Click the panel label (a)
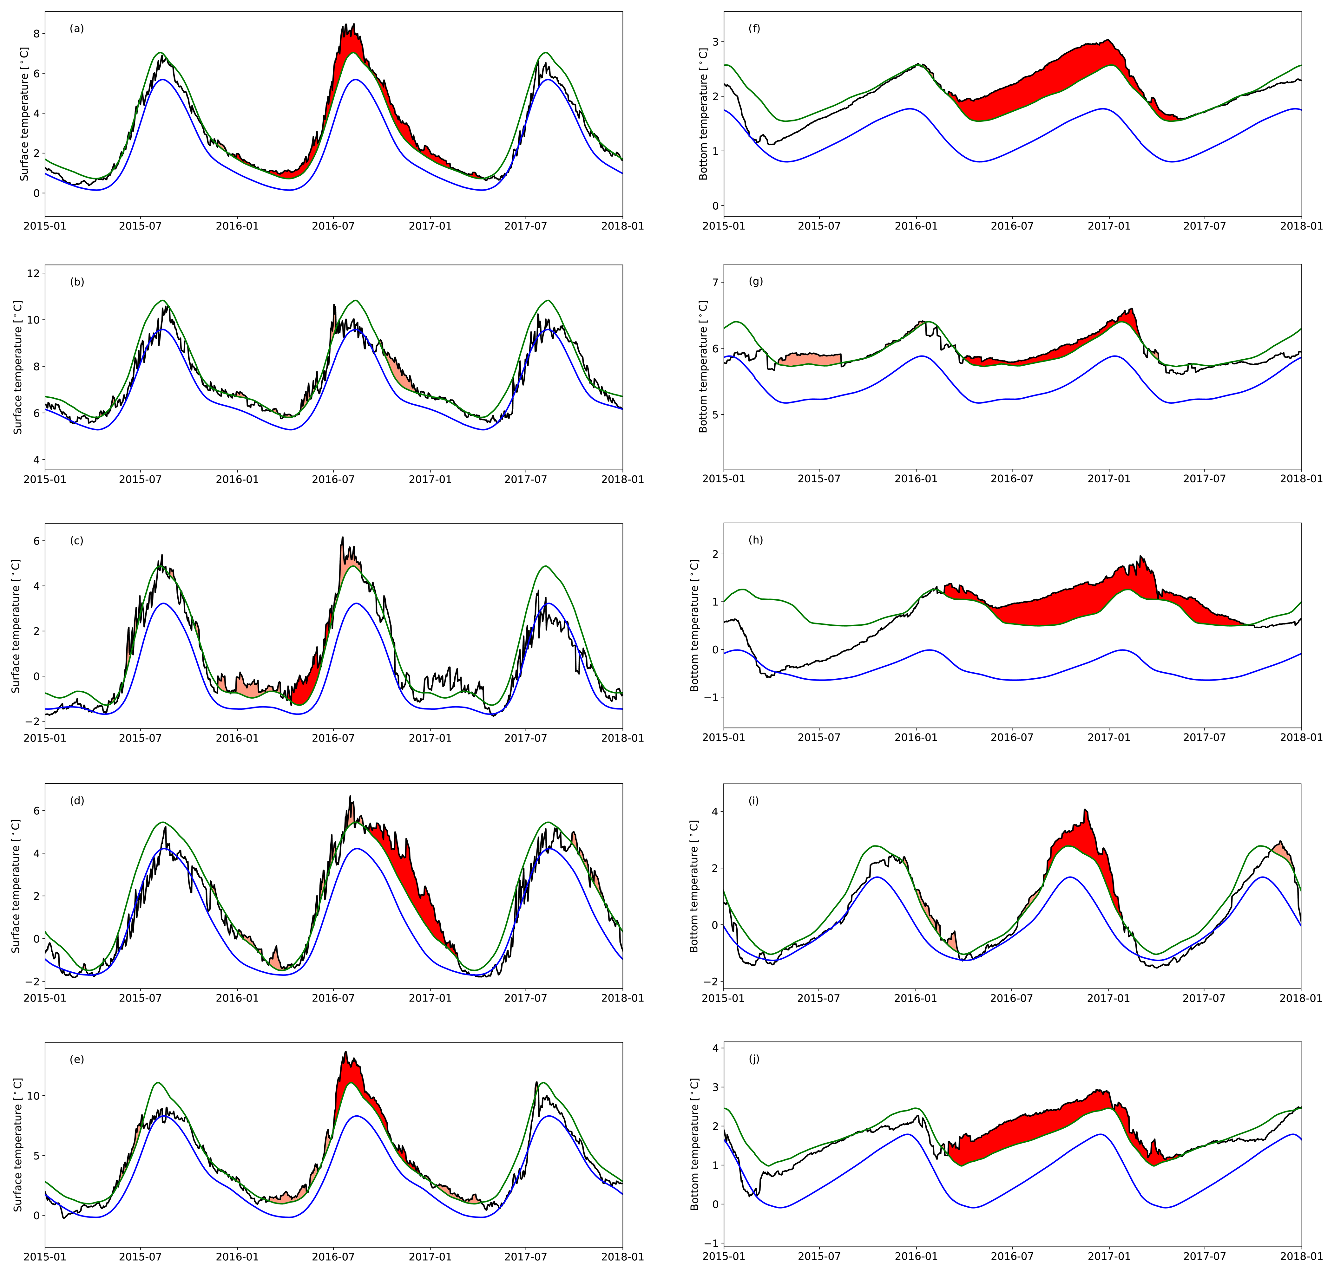click(x=77, y=29)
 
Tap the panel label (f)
click(x=754, y=29)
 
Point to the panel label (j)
click(x=754, y=1059)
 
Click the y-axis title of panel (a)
click(x=24, y=114)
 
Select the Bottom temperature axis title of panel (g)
click(x=703, y=367)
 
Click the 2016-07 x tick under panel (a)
click(x=333, y=226)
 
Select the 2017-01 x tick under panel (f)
click(x=1109, y=226)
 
